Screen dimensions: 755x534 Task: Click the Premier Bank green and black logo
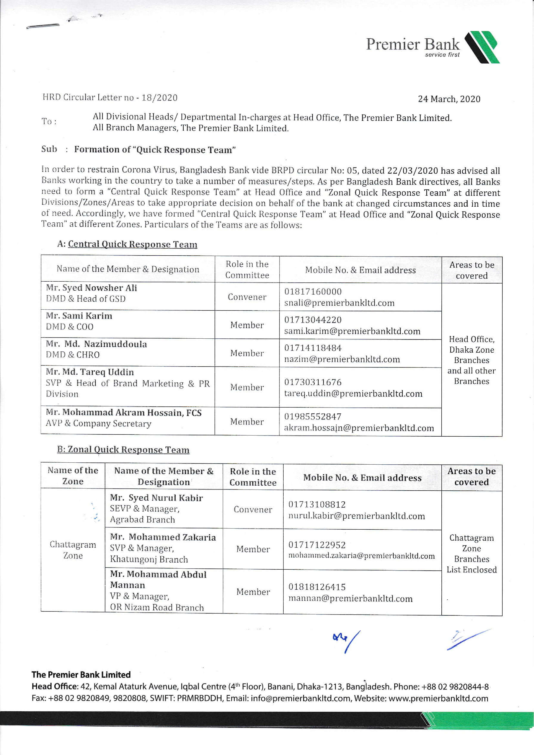point(482,47)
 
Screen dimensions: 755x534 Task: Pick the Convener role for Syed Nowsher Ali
point(247,297)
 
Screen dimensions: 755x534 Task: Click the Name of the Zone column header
point(73,476)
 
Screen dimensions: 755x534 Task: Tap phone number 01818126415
point(317,587)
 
